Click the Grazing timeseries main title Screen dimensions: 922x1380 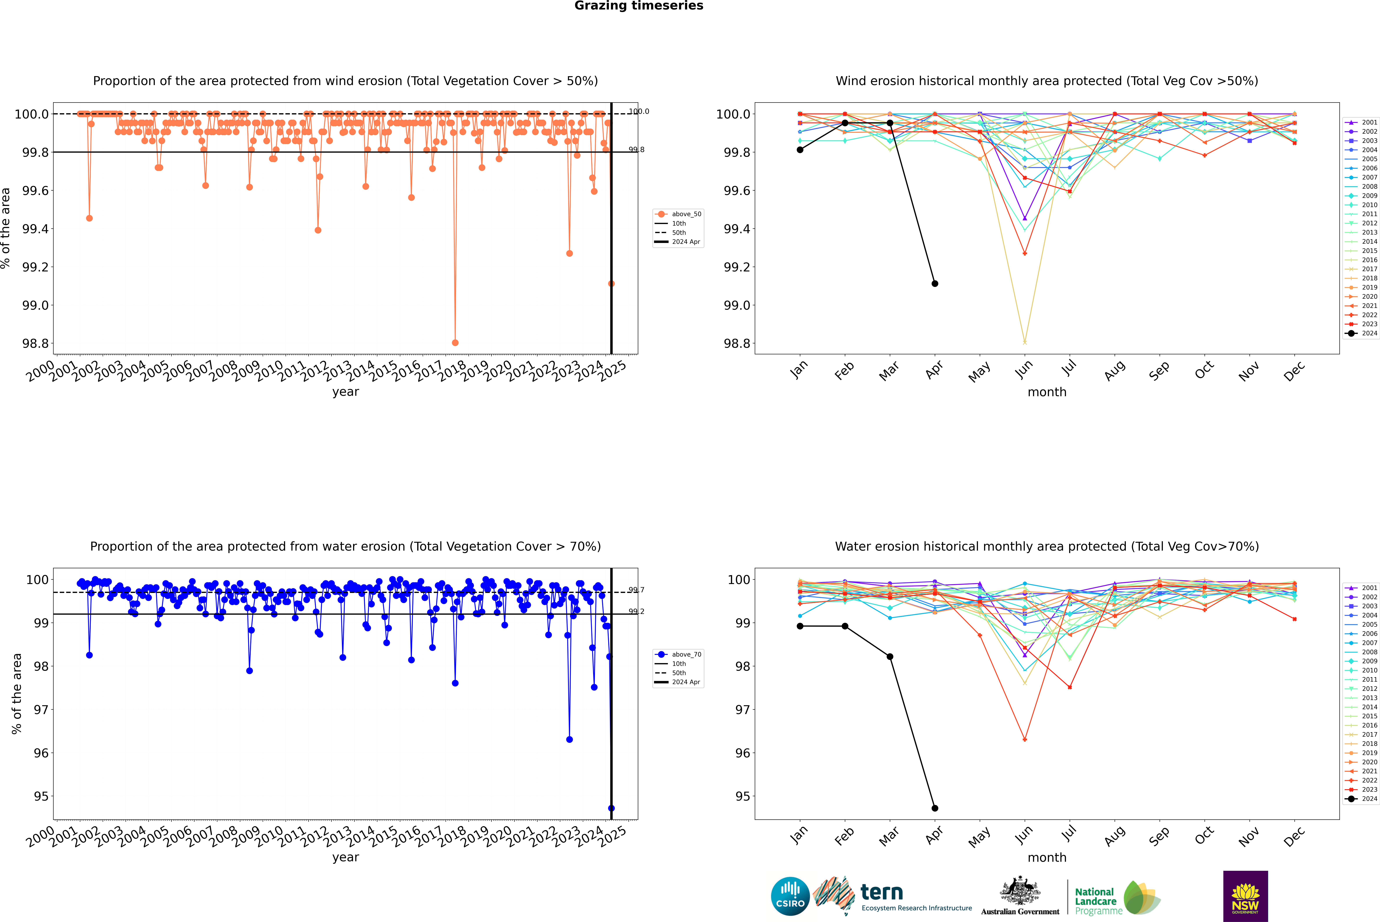point(639,6)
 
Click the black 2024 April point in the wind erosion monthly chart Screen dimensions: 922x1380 point(935,283)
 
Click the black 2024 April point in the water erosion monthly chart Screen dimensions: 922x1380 point(935,808)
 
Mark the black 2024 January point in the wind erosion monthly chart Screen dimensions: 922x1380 point(800,150)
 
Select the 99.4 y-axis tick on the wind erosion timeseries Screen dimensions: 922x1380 point(35,229)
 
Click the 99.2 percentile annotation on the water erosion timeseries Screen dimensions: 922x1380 point(636,612)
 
